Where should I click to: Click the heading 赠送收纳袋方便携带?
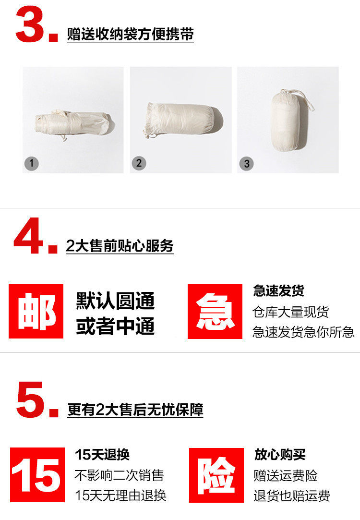pos(130,34)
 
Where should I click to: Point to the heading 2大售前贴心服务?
pos(120,246)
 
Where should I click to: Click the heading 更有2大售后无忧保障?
pos(135,410)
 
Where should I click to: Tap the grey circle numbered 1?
pos(32,164)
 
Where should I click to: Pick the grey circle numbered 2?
pos(139,163)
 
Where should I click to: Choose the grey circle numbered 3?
pos(246,164)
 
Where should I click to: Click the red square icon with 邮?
pos(36,311)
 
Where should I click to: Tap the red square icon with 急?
pos(215,312)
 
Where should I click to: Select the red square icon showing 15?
pos(37,474)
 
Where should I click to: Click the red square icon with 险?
pos(216,475)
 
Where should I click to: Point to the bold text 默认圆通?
pos(115,301)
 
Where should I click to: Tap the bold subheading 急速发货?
pos(278,290)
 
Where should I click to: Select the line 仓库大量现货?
pos(291,312)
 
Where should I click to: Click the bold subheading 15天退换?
pos(102,454)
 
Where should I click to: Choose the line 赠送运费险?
pos(286,475)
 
